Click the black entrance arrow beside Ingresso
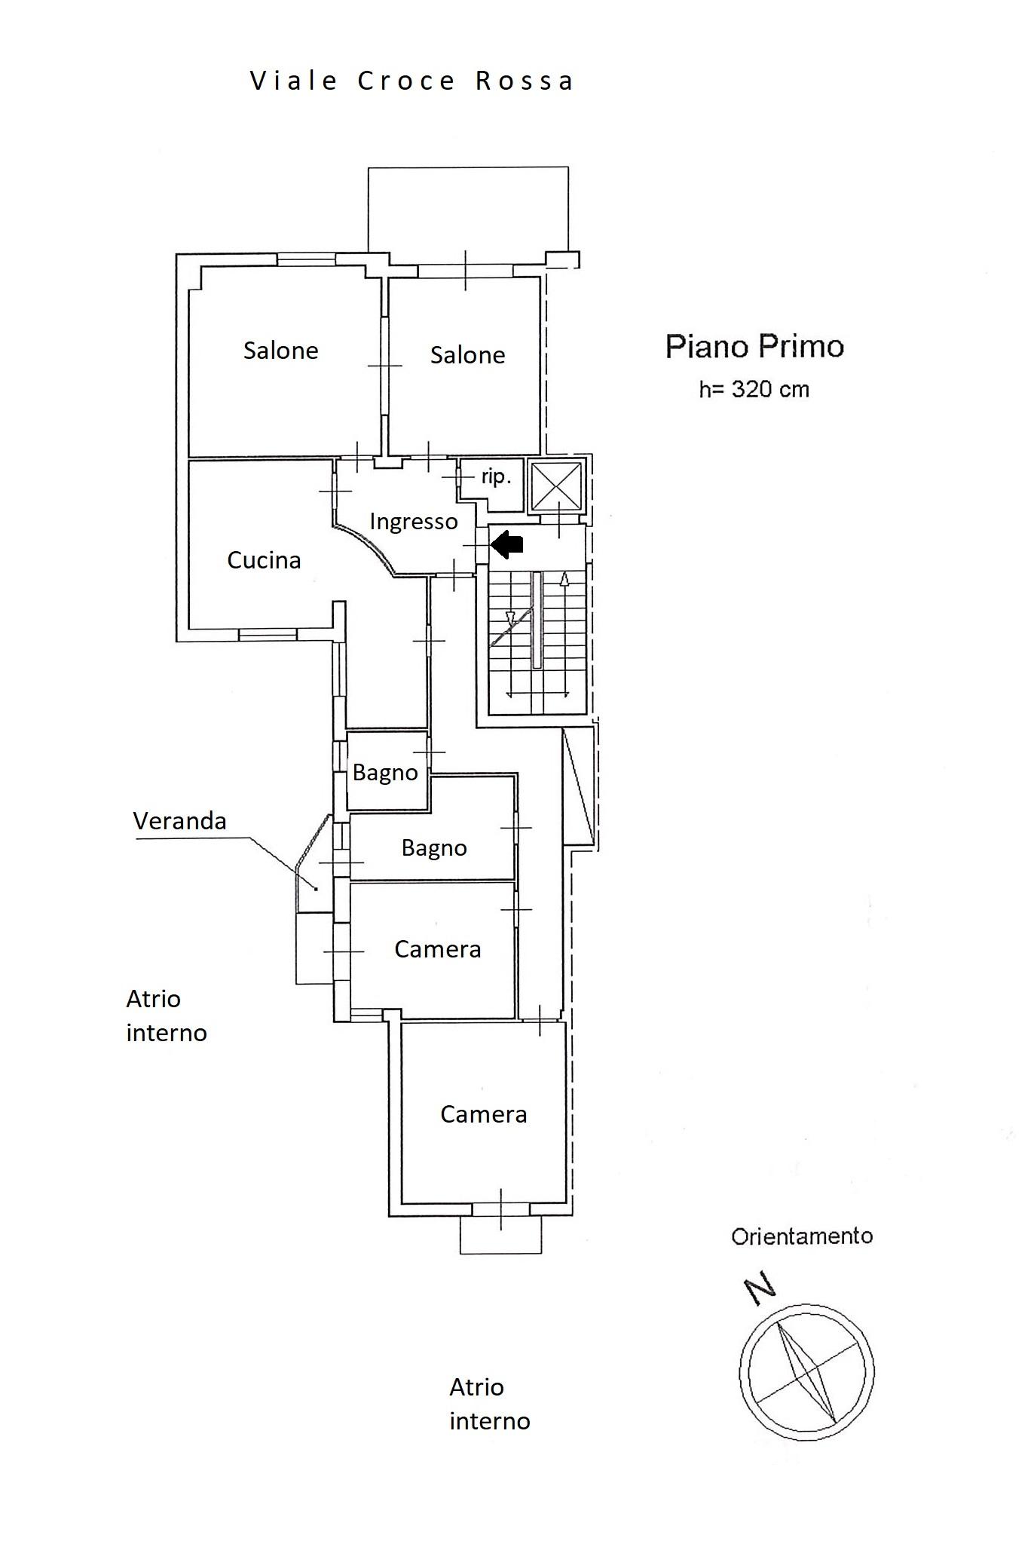coord(507,544)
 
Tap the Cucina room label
coord(264,560)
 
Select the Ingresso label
coord(414,522)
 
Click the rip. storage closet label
coord(496,477)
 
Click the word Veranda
coord(179,821)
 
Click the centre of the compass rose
coord(806,1371)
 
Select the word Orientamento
coord(802,1236)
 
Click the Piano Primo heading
coord(754,347)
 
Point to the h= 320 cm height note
coord(754,390)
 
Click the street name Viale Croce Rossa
coord(411,81)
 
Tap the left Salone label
coord(280,351)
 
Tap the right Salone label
coord(467,355)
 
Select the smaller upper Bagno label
coord(385,773)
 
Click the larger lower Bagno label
coord(434,848)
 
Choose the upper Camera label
coord(438,949)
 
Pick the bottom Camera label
coord(484,1114)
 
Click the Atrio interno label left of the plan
coord(167,1016)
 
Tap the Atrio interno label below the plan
coord(490,1404)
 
